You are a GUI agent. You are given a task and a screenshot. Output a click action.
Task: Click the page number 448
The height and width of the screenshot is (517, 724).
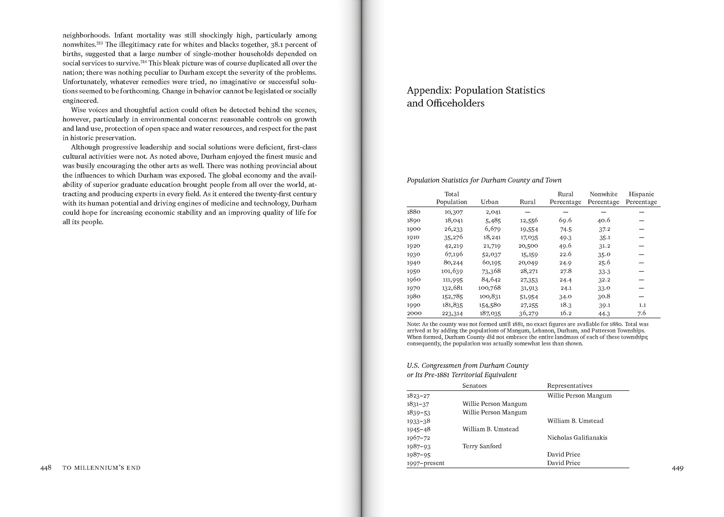46,468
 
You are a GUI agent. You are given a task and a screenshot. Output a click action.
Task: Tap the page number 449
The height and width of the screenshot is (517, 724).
678,468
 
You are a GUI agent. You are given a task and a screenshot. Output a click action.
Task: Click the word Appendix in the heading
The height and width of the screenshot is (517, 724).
429,90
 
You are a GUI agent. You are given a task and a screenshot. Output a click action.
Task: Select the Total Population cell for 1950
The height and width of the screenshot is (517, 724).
452,271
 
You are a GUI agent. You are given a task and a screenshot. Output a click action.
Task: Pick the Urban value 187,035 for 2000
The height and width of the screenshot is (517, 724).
490,314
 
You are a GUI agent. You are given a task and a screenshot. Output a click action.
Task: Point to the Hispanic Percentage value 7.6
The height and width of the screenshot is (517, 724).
642,313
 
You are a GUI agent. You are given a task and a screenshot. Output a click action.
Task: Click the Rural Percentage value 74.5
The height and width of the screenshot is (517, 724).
565,229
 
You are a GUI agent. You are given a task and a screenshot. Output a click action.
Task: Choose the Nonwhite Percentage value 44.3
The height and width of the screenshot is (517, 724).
603,314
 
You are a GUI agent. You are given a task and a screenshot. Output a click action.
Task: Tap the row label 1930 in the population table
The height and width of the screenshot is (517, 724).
414,254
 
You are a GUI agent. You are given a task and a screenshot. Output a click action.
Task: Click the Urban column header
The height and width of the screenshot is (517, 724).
490,202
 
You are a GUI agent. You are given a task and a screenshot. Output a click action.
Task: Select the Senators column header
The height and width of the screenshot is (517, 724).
475,386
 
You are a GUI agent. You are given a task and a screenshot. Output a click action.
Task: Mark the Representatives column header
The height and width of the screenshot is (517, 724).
570,386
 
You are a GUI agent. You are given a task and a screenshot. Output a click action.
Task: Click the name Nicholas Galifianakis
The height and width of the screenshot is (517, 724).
577,438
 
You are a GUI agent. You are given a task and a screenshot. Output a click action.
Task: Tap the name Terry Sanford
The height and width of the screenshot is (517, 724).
482,446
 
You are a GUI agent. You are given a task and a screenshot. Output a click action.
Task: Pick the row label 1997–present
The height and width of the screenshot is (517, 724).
425,463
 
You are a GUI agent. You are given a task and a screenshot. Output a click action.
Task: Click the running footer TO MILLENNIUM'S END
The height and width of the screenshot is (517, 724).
101,468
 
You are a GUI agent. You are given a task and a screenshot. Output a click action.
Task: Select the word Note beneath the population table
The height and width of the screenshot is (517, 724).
413,324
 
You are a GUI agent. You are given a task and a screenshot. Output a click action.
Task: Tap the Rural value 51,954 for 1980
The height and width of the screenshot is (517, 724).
529,297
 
